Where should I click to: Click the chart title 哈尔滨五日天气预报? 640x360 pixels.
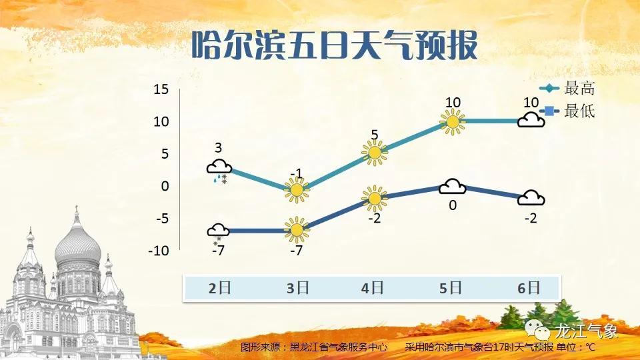(x=334, y=45)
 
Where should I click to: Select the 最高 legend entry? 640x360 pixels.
(x=567, y=88)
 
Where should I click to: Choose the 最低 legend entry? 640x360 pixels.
(x=567, y=111)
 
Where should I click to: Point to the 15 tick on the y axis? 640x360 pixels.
(x=161, y=89)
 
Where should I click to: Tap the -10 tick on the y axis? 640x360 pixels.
(x=159, y=250)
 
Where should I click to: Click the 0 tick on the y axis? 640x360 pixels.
(x=165, y=186)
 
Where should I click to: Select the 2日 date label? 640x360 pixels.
(x=219, y=288)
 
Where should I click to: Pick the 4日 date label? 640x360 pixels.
(x=372, y=288)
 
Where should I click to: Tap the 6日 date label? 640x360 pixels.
(x=529, y=288)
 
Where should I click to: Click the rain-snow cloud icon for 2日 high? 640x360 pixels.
(x=219, y=171)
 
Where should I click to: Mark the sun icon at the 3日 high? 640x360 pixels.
(x=297, y=190)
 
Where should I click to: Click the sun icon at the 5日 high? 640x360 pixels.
(x=453, y=121)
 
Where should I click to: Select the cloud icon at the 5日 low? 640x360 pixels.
(x=452, y=187)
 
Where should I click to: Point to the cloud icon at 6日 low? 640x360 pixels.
(x=531, y=198)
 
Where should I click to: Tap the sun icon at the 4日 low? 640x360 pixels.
(x=374, y=199)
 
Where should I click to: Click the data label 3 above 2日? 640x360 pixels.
(x=219, y=148)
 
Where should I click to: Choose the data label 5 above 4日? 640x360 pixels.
(x=375, y=135)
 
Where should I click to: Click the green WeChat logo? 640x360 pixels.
(x=537, y=329)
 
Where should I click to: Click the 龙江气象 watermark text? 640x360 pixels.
(x=586, y=331)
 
